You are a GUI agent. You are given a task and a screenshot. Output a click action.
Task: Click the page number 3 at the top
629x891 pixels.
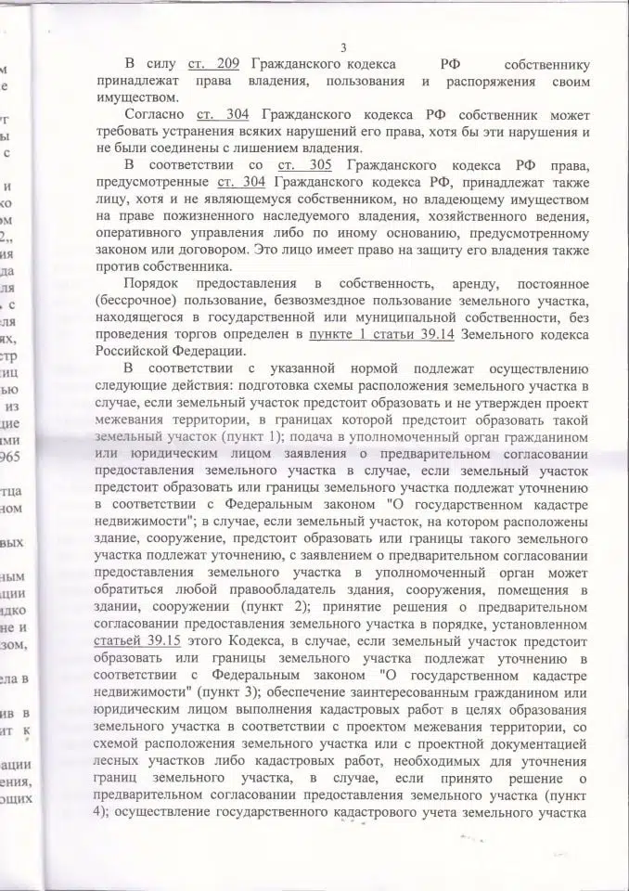[343, 48]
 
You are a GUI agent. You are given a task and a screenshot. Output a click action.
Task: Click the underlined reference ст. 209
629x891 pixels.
[213, 65]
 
